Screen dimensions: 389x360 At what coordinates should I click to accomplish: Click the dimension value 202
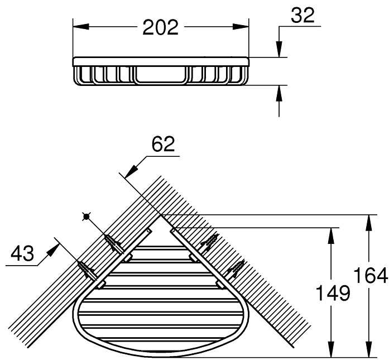161,27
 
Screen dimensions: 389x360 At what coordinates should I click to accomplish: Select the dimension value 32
302,15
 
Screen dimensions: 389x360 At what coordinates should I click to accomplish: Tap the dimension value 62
163,144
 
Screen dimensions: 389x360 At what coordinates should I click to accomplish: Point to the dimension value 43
22,253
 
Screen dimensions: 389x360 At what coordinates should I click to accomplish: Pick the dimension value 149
334,293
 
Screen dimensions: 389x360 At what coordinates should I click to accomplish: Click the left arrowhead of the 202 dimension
81,27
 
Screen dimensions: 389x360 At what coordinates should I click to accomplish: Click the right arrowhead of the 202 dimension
241,27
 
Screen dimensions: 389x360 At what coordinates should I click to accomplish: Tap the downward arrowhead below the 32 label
280,49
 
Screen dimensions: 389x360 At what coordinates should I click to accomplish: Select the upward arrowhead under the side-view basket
280,93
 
